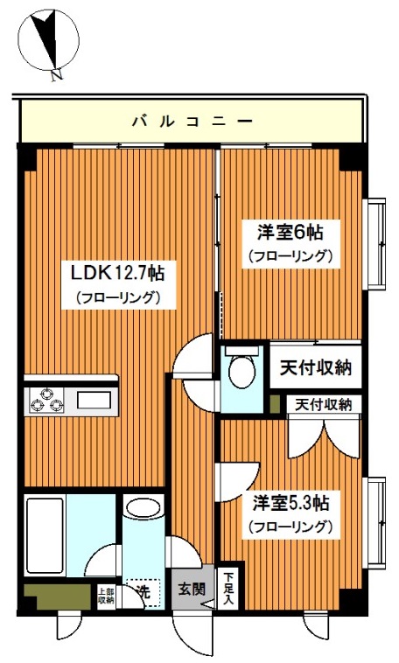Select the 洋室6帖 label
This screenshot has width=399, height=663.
290,233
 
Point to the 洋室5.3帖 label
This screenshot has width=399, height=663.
291,505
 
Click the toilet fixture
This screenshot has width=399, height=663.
241,369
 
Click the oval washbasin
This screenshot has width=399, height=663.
140,507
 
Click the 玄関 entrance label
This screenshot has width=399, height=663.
193,589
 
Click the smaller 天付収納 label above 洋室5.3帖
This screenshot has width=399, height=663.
322,404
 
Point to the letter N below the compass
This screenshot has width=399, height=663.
55,76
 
